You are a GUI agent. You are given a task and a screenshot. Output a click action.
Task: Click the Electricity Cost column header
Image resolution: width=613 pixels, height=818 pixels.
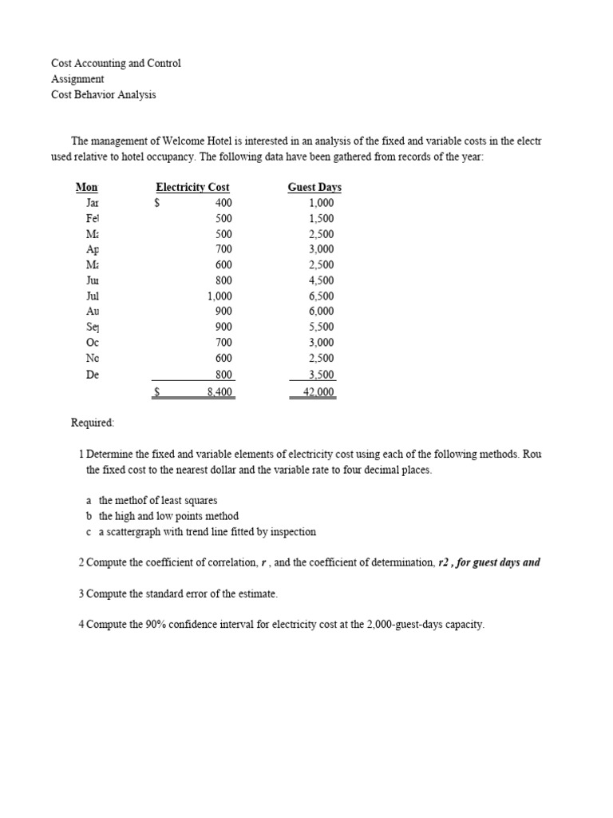(x=192, y=187)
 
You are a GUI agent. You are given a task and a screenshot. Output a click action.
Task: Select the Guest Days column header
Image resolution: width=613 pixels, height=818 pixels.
(x=314, y=187)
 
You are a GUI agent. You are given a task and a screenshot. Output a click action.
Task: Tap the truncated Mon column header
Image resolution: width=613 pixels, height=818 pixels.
(x=86, y=187)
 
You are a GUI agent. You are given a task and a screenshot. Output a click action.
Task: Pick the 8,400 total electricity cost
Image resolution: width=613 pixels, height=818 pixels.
(x=219, y=392)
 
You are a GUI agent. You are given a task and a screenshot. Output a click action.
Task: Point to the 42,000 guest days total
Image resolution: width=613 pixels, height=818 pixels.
(x=318, y=392)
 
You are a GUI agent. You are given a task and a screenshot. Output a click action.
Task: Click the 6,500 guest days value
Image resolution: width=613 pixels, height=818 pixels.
(x=321, y=296)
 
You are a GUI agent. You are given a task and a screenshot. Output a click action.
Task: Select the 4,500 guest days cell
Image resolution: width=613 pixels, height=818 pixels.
(x=321, y=280)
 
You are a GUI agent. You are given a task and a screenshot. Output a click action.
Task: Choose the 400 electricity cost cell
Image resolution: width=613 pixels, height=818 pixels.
(x=223, y=203)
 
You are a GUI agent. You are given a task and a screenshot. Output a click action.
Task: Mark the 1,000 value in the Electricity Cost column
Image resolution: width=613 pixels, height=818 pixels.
(x=219, y=296)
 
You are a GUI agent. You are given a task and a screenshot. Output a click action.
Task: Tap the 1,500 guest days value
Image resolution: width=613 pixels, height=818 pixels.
(x=321, y=218)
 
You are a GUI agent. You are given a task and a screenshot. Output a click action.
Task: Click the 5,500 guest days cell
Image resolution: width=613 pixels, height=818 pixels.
(x=321, y=327)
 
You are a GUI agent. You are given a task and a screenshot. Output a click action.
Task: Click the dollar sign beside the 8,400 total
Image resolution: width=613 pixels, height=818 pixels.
(x=158, y=392)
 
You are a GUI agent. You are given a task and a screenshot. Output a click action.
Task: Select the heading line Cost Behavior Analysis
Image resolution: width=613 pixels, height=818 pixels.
(x=104, y=94)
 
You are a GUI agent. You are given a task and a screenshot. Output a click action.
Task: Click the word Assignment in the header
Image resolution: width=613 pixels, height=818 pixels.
(x=77, y=79)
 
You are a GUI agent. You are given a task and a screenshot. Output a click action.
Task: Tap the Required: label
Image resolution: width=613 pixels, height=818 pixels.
(x=93, y=422)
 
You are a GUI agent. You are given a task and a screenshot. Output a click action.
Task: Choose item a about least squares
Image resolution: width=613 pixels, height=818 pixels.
(x=152, y=500)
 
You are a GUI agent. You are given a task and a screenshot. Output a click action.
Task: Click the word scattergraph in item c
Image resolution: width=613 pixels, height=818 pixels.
(x=136, y=531)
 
